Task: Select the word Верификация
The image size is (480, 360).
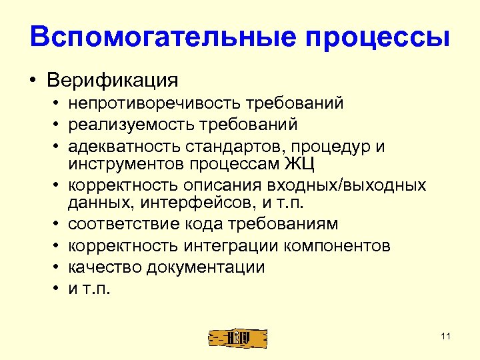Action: point(113,81)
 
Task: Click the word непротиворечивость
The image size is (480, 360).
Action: point(155,104)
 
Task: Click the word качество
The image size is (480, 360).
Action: point(101,267)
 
